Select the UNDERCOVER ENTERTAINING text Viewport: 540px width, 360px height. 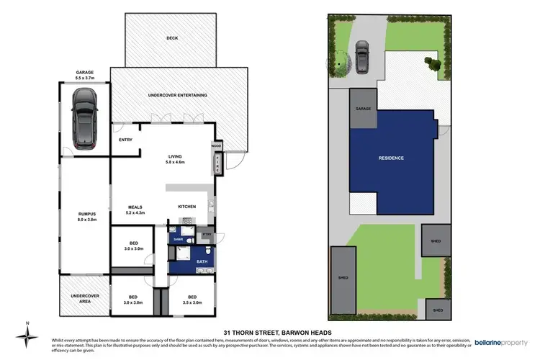click(x=177, y=95)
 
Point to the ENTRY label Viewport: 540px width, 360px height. click(x=125, y=140)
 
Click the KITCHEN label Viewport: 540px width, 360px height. click(x=188, y=207)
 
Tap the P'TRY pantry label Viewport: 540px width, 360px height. click(x=207, y=235)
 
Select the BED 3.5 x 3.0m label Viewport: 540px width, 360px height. click(x=192, y=300)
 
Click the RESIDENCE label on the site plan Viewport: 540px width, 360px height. click(x=392, y=158)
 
